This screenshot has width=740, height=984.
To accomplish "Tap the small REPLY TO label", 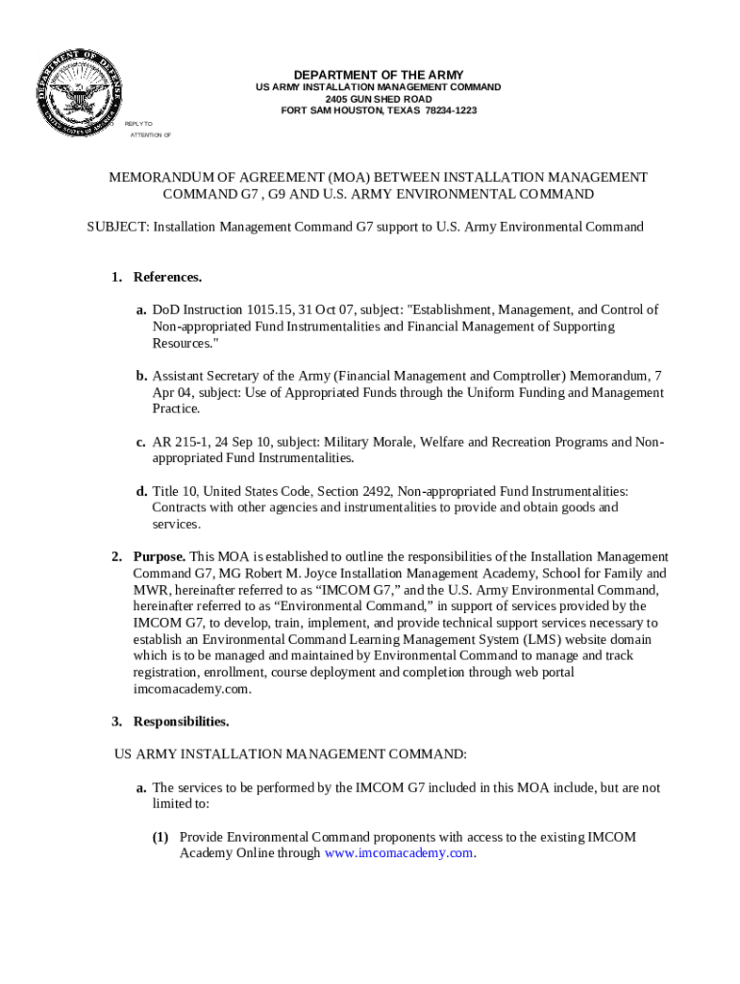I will [x=138, y=124].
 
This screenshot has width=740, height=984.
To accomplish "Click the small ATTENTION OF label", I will [x=150, y=135].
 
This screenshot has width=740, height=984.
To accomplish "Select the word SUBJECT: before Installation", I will [x=118, y=228].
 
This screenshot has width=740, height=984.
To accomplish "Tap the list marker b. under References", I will [x=141, y=376].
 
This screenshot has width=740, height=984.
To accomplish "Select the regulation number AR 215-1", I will [x=176, y=442].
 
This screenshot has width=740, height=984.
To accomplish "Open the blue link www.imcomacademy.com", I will [x=399, y=853].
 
